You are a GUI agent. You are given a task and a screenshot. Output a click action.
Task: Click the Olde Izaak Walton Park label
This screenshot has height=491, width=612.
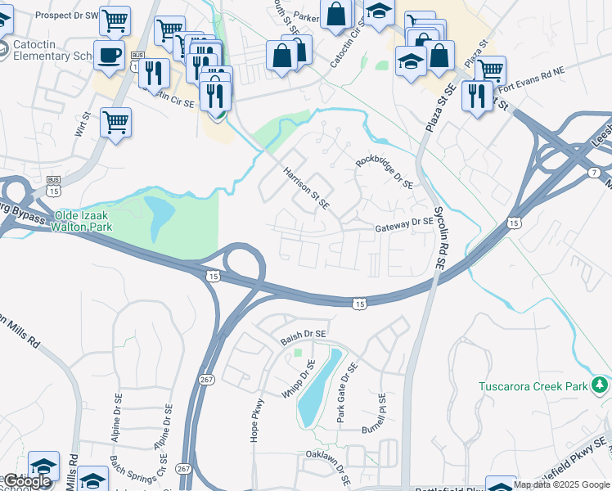[88, 222]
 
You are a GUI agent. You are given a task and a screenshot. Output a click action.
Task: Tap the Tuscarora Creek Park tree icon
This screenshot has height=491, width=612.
[601, 385]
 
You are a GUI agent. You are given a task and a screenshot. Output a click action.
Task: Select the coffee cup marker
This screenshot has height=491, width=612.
[110, 55]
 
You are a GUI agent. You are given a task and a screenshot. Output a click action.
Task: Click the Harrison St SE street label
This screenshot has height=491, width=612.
[305, 187]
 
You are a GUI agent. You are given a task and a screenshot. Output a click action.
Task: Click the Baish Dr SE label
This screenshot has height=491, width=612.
[304, 335]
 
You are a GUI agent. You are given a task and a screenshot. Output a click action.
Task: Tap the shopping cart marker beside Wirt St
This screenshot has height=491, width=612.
[115, 123]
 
